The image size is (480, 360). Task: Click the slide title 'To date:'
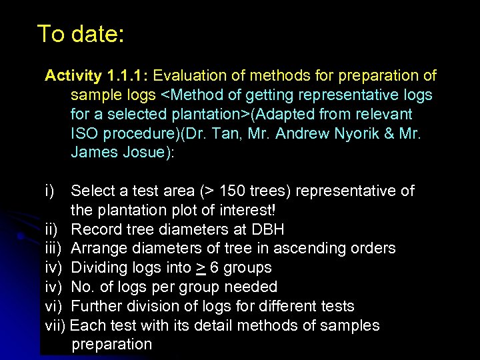pos(80,33)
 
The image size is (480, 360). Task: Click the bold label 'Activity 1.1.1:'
pos(101,75)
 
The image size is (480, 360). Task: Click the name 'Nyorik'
pos(360,133)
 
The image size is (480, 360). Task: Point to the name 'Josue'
pos(146,153)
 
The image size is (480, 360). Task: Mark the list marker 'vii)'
pos(55,326)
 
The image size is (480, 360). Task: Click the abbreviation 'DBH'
pos(268,230)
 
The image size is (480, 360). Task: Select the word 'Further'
pos(98,307)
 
